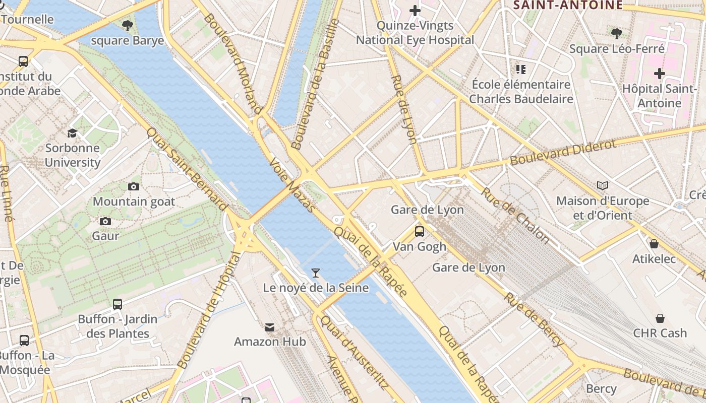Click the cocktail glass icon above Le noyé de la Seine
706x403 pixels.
point(316,273)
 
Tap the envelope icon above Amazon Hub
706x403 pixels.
point(270,327)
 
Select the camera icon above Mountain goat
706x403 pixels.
point(134,187)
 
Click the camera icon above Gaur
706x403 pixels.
point(105,221)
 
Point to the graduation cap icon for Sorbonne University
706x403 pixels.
point(73,133)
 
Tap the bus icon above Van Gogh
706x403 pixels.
point(420,232)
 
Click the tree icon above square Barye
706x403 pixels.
point(128,25)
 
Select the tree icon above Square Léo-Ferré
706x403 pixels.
point(616,34)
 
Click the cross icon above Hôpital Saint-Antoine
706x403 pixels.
point(659,74)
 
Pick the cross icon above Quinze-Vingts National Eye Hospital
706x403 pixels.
point(415,11)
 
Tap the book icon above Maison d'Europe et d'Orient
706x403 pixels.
point(603,185)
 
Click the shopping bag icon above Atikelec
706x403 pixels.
point(654,244)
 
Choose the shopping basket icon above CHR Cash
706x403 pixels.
point(660,318)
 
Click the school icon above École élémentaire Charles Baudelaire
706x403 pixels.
point(521,69)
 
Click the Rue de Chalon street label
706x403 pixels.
point(514,215)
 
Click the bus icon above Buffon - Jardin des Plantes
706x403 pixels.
point(117,304)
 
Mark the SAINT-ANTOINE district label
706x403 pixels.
point(567,5)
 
